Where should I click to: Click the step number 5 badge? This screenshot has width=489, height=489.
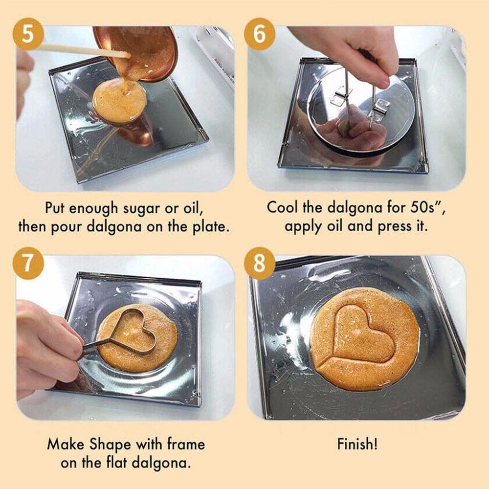tap(28, 34)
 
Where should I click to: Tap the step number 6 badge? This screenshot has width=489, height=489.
tap(260, 34)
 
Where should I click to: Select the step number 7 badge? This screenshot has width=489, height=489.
tap(28, 263)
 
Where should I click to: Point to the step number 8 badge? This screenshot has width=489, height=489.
tap(260, 263)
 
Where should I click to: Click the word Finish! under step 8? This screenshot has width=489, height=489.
tap(357, 444)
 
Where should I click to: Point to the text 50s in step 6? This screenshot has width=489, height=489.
tap(422, 208)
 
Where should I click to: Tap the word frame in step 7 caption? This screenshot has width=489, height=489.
tap(186, 444)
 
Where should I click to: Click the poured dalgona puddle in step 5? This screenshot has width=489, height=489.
tap(119, 100)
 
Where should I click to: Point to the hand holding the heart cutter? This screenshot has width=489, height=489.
tap(47, 346)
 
